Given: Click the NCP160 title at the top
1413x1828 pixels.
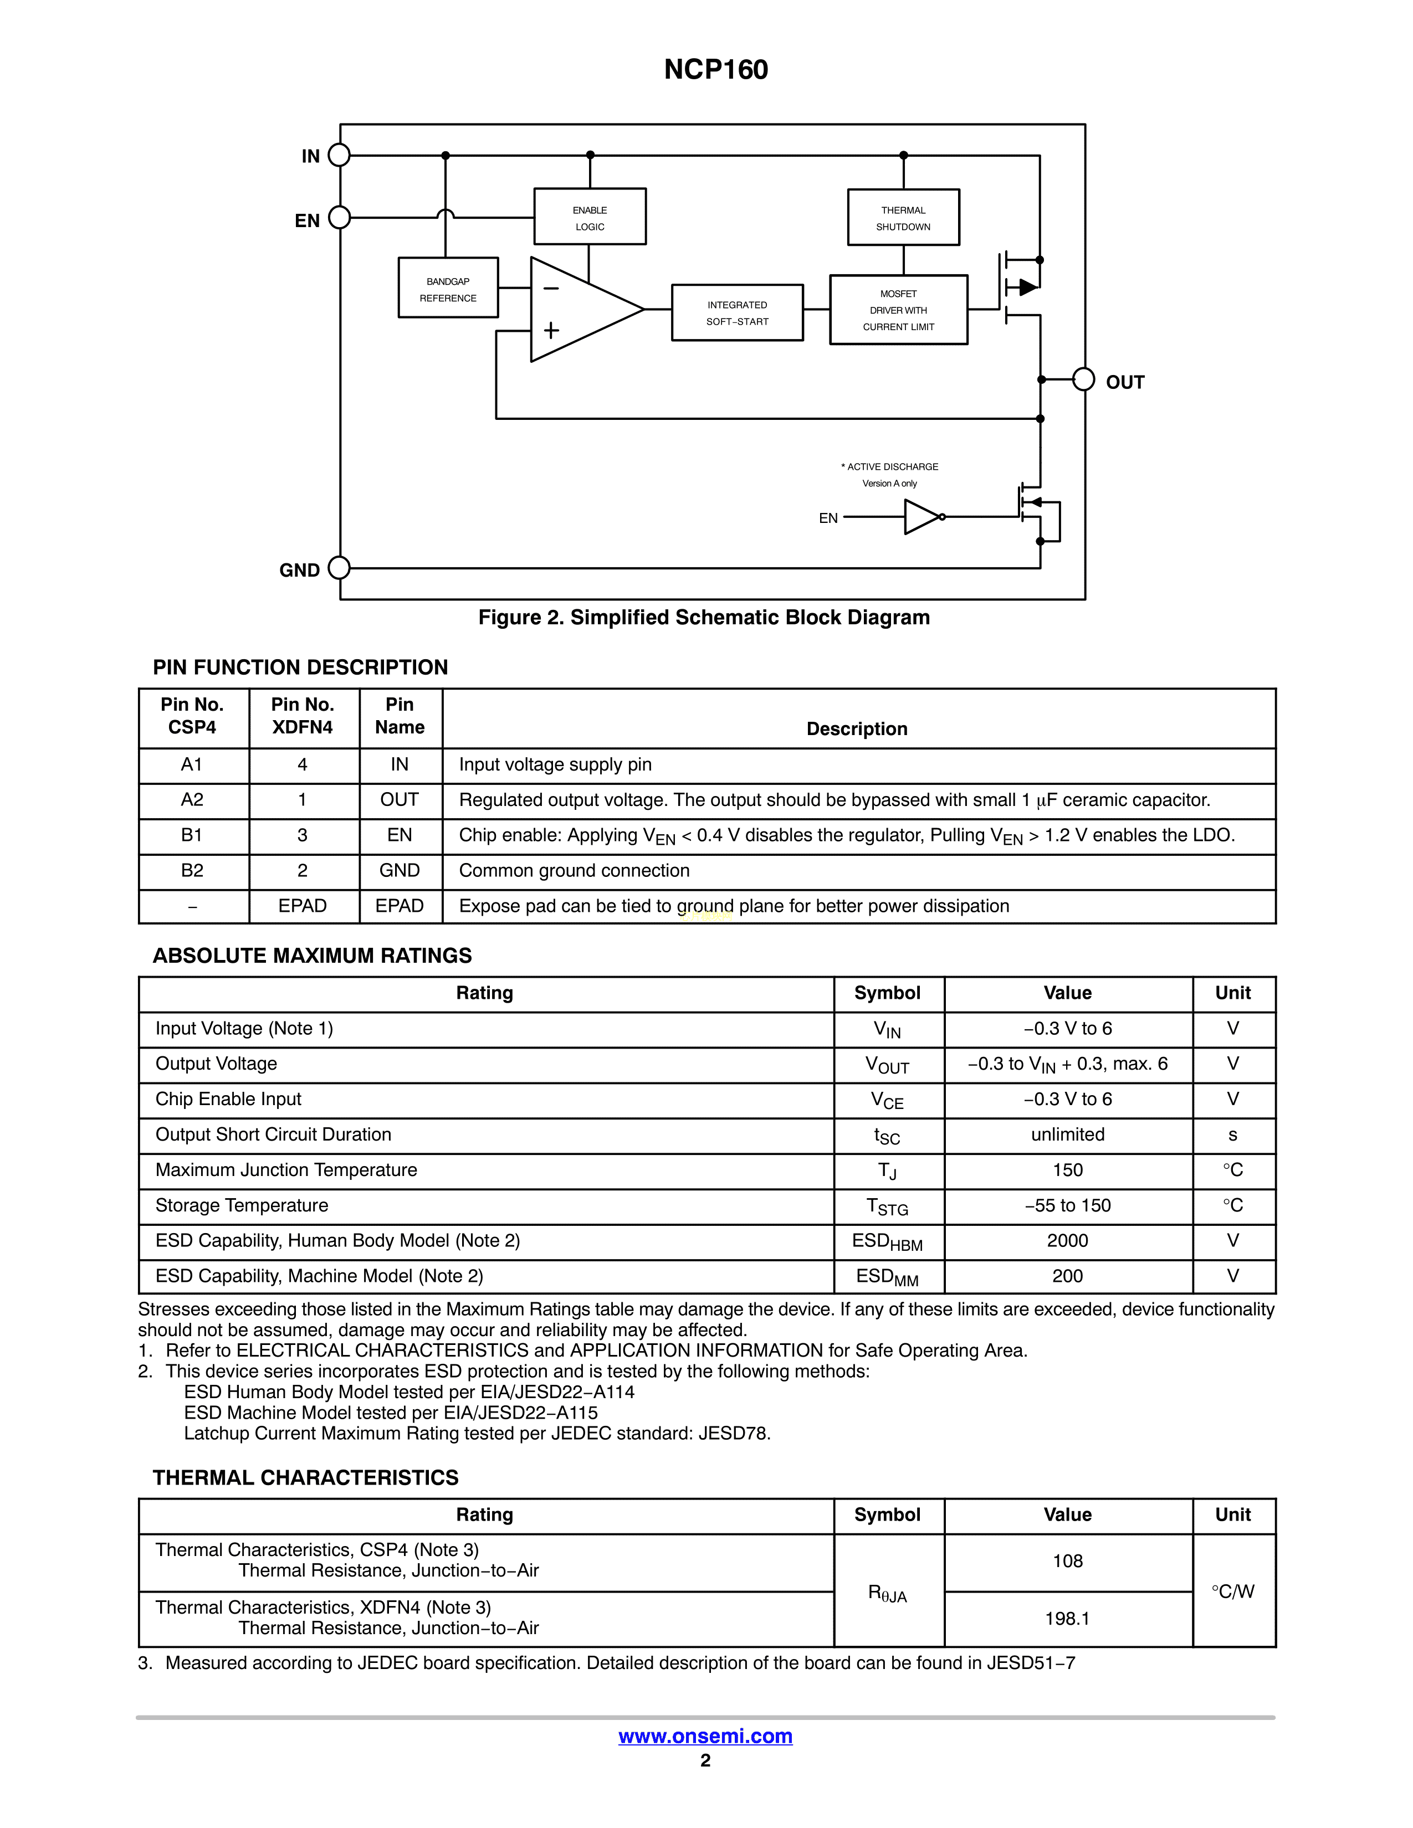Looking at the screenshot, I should click(716, 69).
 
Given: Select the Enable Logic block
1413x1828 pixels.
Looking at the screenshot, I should click(590, 218).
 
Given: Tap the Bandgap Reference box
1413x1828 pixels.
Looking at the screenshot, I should click(448, 289).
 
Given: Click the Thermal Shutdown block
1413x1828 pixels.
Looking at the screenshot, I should click(903, 218).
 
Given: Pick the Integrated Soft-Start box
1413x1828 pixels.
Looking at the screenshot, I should click(736, 313).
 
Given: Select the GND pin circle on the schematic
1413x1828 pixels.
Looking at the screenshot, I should click(339, 568).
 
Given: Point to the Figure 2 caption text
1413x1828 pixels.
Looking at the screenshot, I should click(704, 618).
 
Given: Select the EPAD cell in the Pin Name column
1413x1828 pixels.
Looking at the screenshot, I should click(400, 906).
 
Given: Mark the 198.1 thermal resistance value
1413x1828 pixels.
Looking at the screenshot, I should click(1067, 1619).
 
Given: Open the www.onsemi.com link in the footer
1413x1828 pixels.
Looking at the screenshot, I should click(705, 1737).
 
